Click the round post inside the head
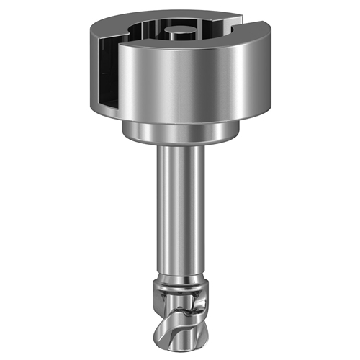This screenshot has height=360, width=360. click(x=178, y=33)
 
